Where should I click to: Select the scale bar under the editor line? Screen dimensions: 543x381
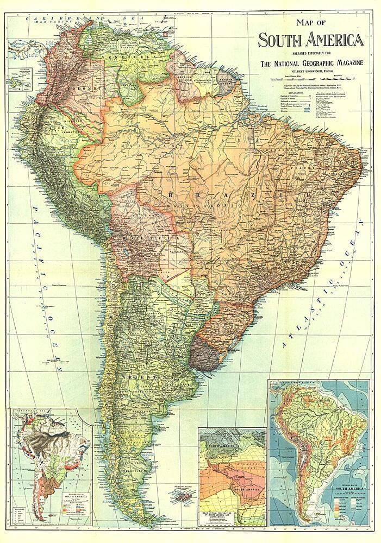pos(315,79)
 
